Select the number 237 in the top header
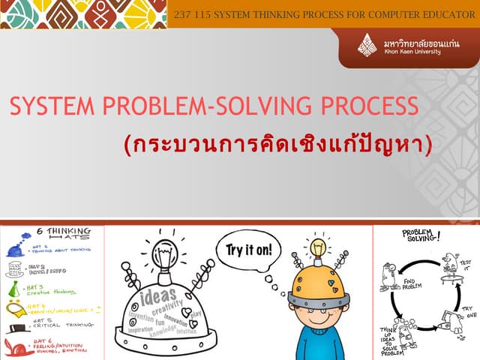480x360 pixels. click(x=184, y=13)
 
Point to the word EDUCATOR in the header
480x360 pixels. click(x=440, y=13)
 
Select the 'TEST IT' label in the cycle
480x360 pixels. click(x=466, y=264)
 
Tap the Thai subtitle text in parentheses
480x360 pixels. click(x=278, y=145)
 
